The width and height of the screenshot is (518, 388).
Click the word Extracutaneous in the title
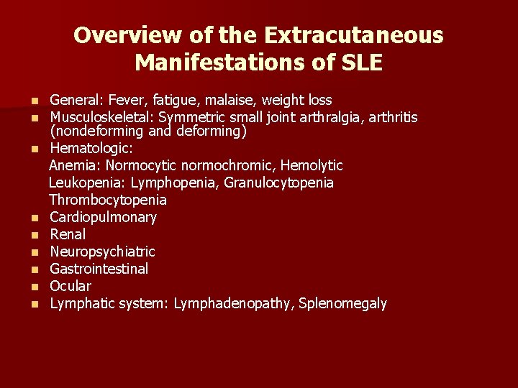point(354,35)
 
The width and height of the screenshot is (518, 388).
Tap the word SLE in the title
point(358,63)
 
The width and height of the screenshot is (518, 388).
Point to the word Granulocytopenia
point(278,183)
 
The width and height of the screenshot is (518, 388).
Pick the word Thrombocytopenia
point(108,200)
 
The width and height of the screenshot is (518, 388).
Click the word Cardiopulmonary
point(103,217)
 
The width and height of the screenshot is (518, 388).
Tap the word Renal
point(68,234)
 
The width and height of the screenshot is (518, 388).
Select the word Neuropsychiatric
point(102,251)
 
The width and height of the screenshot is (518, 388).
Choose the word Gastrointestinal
point(99,269)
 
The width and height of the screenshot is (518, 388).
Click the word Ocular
point(70,286)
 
